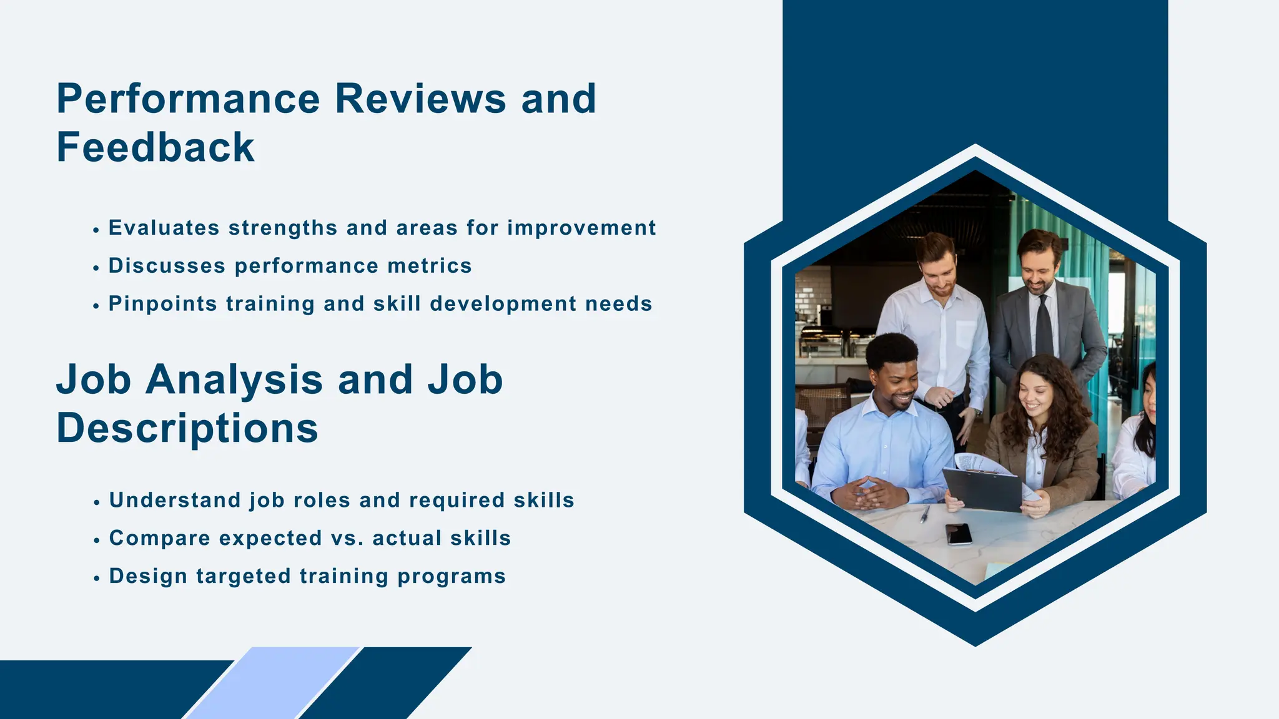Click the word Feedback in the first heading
point(156,148)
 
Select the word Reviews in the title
point(420,99)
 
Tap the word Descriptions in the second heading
point(187,429)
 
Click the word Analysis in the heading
point(234,380)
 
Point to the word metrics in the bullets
point(429,266)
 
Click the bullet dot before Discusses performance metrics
point(96,268)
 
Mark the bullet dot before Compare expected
point(96,540)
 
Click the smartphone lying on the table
point(959,534)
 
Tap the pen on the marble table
point(924,514)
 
